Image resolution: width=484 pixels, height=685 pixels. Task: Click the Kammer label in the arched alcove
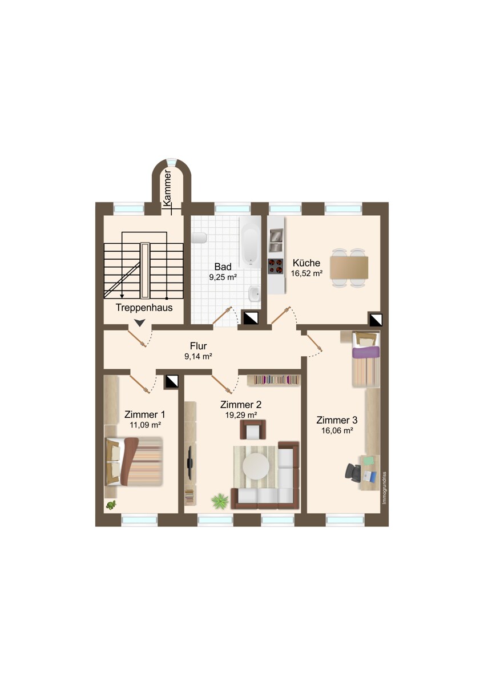pyautogui.click(x=167, y=187)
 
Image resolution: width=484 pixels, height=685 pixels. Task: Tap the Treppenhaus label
pyautogui.click(x=144, y=307)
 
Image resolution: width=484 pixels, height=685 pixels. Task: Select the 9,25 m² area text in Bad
pyautogui.click(x=223, y=277)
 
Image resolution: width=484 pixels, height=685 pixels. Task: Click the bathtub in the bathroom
pyautogui.click(x=251, y=242)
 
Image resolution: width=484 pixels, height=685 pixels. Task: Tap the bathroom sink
pyautogui.click(x=254, y=295)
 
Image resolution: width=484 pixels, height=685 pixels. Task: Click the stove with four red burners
pyautogui.click(x=276, y=266)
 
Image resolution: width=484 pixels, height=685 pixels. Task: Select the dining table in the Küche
pyautogui.click(x=349, y=267)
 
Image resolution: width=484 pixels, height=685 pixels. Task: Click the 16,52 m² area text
pyautogui.click(x=307, y=273)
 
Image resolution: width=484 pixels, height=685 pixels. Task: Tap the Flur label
pyautogui.click(x=198, y=346)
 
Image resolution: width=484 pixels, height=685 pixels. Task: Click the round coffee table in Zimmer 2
pyautogui.click(x=256, y=466)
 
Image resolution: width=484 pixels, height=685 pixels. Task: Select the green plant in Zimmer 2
pyautogui.click(x=219, y=501)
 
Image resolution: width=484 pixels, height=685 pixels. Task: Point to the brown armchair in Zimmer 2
pyautogui.click(x=253, y=429)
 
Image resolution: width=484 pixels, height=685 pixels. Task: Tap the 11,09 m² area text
pyautogui.click(x=145, y=425)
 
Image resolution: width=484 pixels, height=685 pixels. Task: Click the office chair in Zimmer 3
pyautogui.click(x=353, y=472)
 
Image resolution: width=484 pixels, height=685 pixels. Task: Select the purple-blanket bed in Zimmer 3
pyautogui.click(x=365, y=360)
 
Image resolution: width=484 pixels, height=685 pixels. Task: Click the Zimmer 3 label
pyautogui.click(x=337, y=420)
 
